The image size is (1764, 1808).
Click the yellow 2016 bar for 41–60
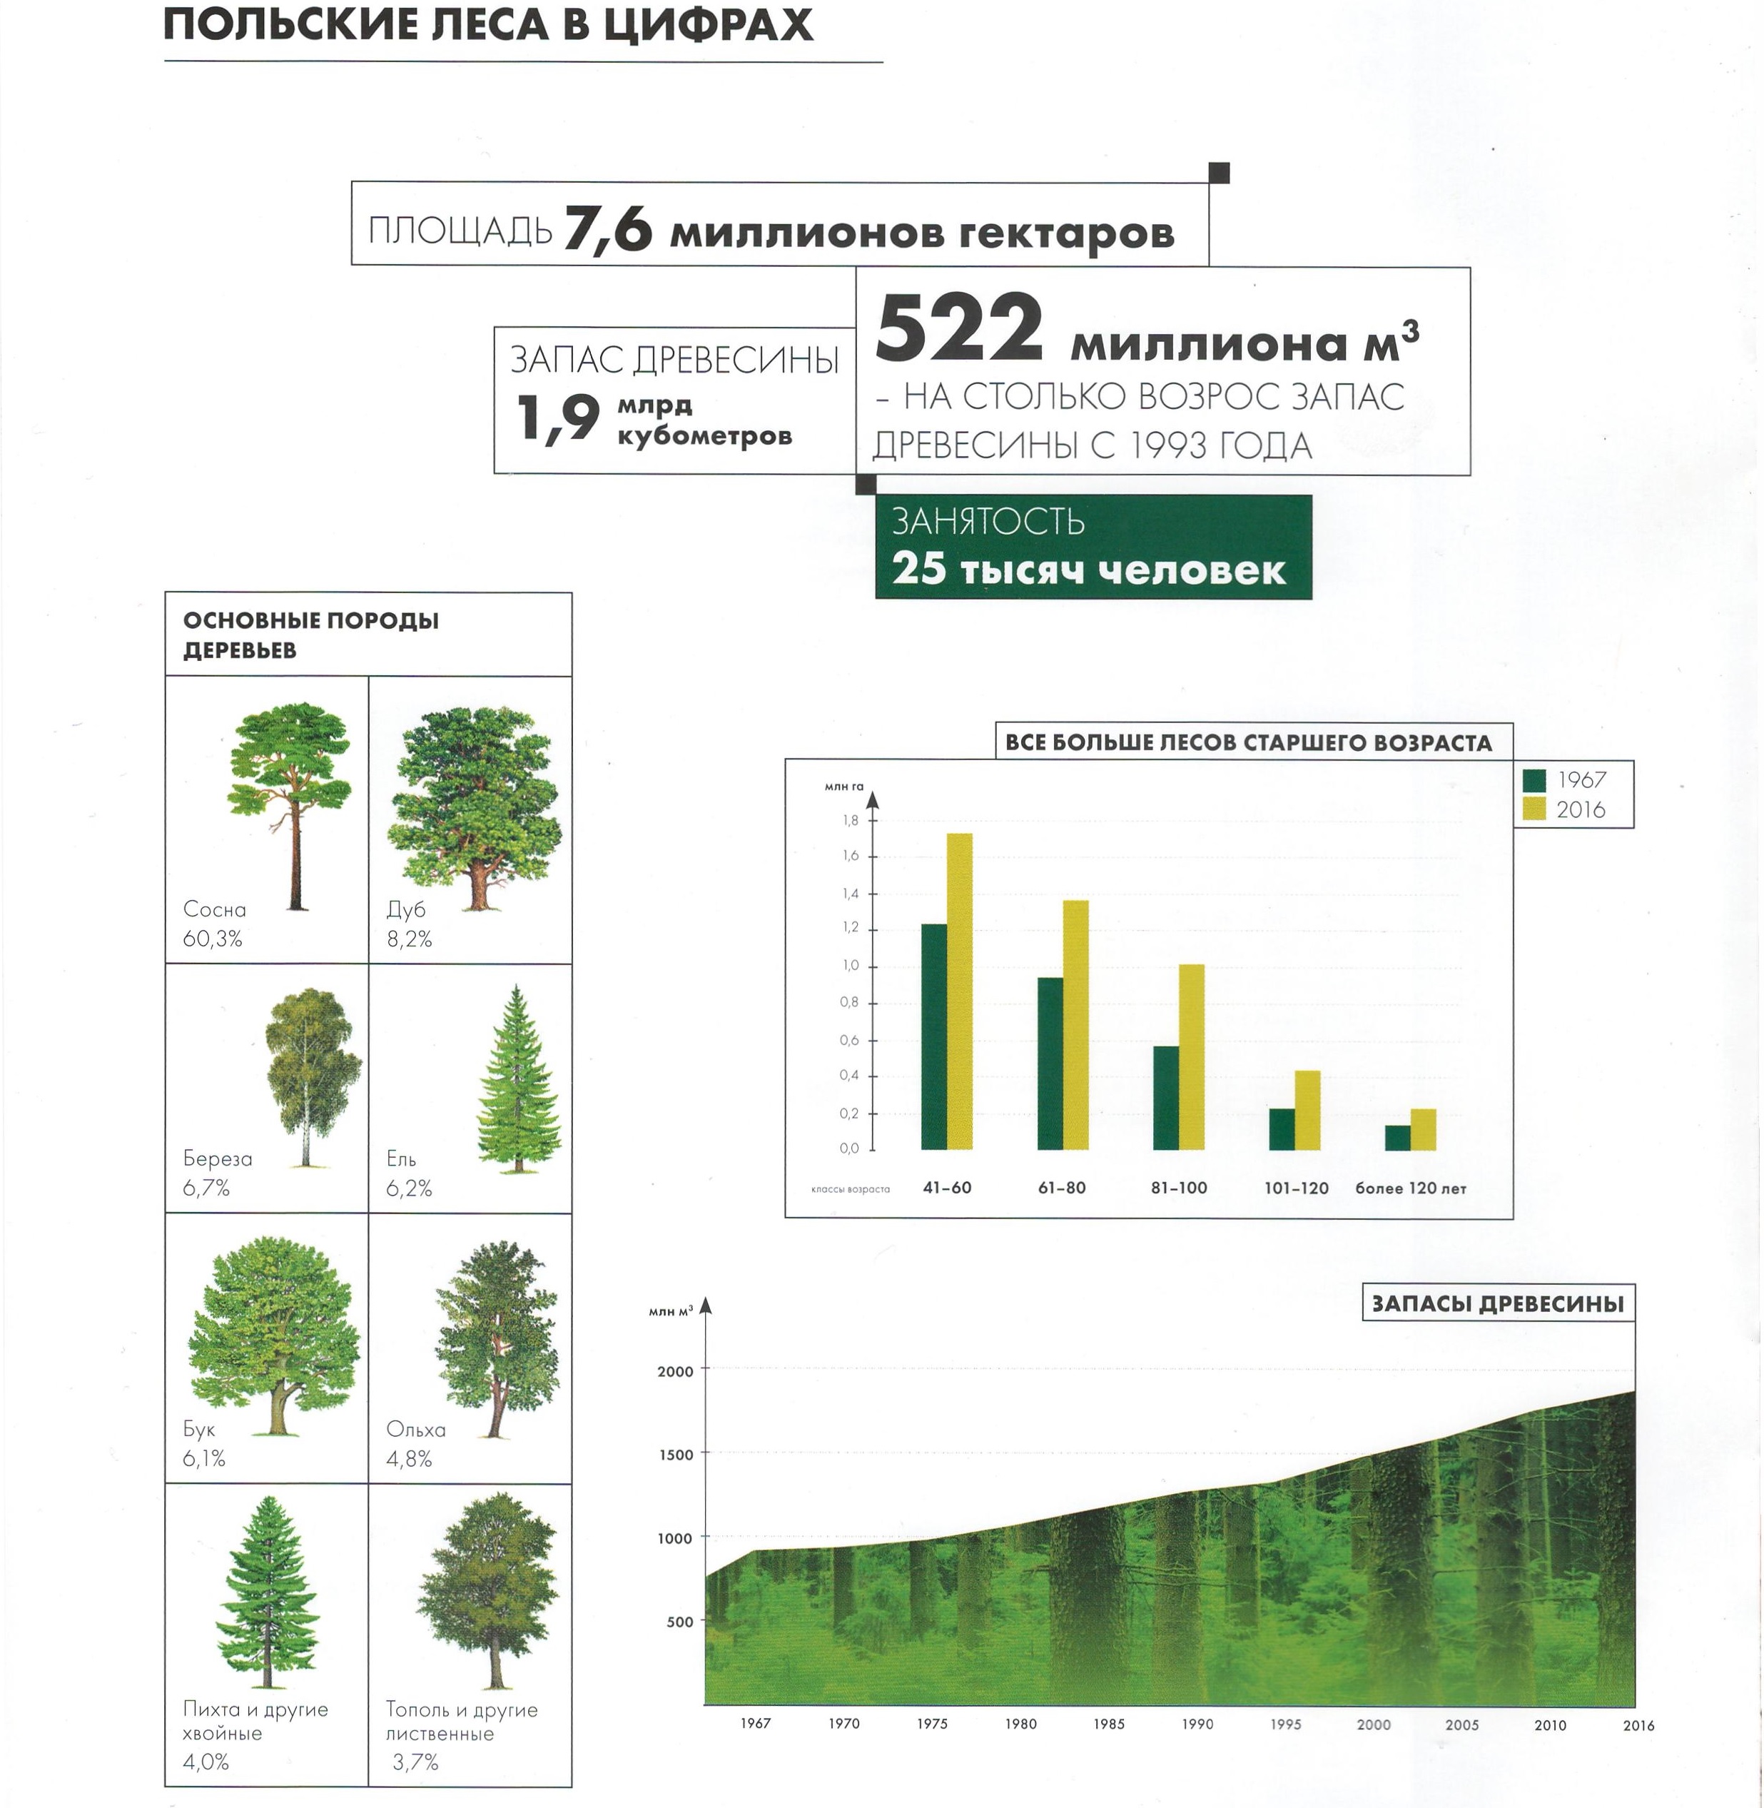point(960,991)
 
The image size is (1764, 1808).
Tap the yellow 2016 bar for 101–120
point(1307,1109)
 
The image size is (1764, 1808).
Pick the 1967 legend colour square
point(1534,780)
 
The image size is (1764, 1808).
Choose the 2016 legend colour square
point(1534,809)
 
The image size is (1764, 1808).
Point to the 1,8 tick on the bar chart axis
point(851,820)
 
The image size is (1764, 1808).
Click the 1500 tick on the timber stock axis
point(675,1455)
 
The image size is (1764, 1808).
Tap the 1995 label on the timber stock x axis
point(1285,1724)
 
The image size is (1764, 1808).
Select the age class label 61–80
point(1062,1188)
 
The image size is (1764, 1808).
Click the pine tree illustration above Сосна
point(290,804)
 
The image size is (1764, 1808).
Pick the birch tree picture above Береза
point(311,1075)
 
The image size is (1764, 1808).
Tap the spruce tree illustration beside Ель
point(518,1080)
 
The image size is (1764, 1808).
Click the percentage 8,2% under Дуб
point(410,939)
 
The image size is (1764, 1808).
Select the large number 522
point(959,329)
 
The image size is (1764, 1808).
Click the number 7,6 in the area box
point(608,229)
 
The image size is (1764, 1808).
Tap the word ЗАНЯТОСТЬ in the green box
point(988,522)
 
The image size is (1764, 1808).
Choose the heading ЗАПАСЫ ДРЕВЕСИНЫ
point(1497,1304)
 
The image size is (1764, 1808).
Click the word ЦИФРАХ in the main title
point(708,25)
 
